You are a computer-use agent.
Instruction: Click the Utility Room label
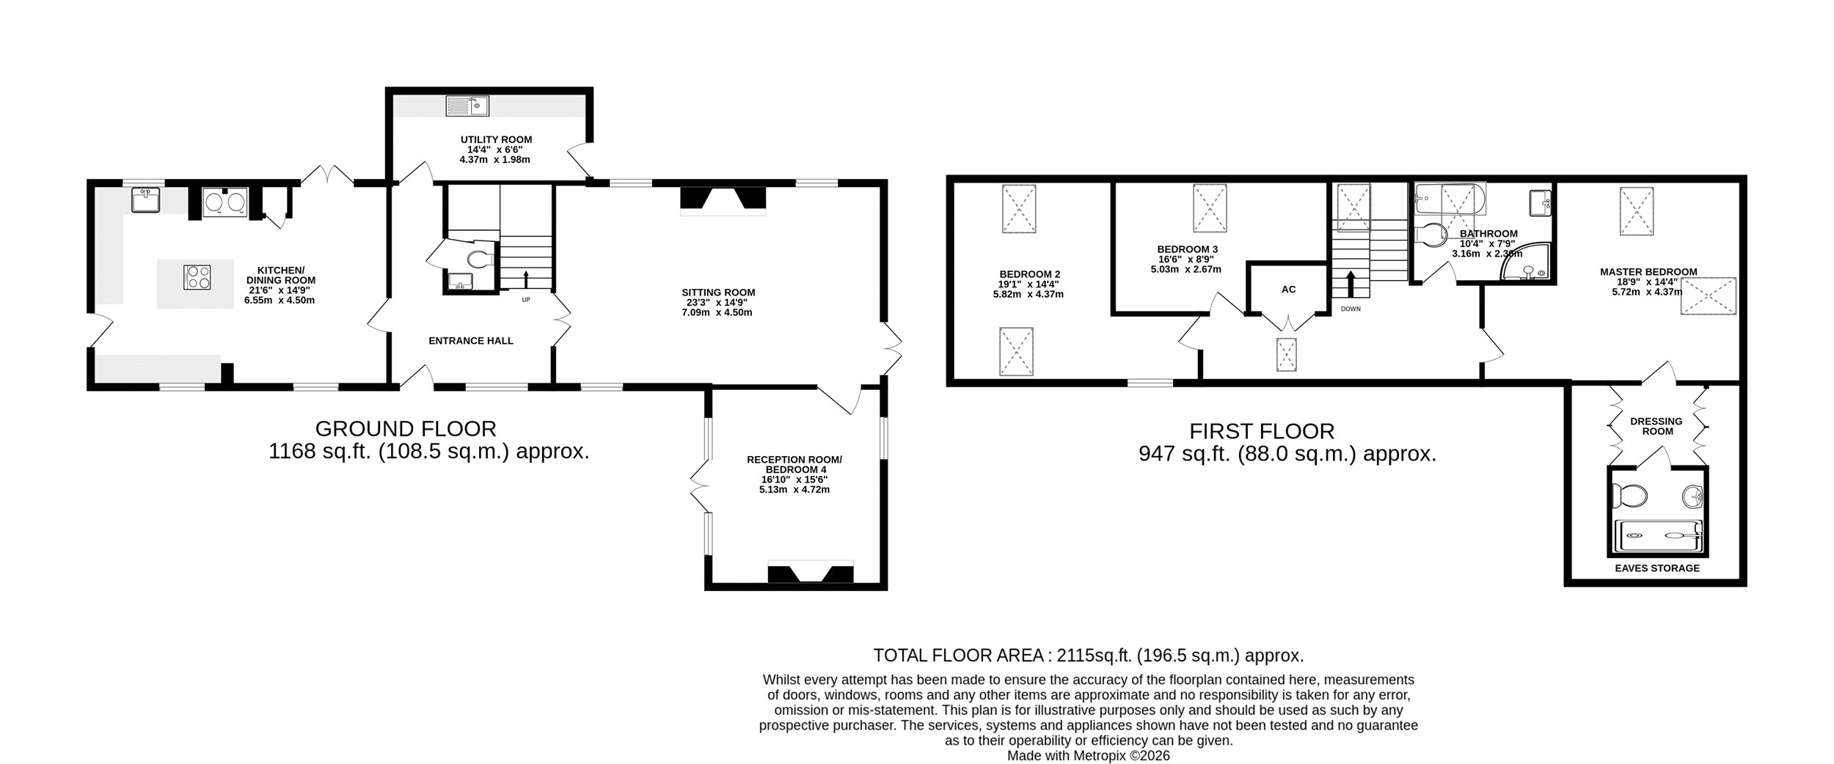(496, 139)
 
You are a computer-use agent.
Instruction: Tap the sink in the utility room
(467, 106)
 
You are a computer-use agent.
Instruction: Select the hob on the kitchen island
(197, 277)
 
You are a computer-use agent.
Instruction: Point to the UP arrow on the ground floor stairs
(525, 280)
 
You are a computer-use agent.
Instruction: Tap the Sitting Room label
(718, 293)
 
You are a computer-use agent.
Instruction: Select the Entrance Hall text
(471, 341)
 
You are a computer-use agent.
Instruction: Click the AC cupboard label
(1289, 290)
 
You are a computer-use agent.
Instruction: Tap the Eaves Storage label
(1657, 568)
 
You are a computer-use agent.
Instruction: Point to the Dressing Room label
(1656, 427)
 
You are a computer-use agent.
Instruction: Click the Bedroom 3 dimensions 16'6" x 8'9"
(1185, 259)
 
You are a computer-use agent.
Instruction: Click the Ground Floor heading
(406, 428)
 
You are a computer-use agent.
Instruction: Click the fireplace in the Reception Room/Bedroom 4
(811, 572)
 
